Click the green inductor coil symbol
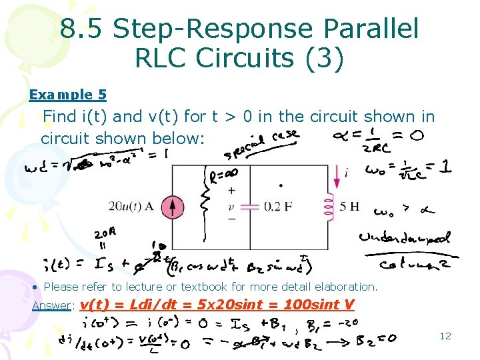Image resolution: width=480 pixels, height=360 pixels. pos(329,207)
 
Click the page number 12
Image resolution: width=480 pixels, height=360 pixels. pos(445,335)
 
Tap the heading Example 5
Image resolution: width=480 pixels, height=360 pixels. pos(67,95)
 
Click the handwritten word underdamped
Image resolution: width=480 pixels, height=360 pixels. pos(404,237)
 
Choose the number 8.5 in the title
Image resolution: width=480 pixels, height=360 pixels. pos(82,29)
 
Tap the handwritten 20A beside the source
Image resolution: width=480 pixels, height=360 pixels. pos(105,235)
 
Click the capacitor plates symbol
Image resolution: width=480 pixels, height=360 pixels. pos(249,207)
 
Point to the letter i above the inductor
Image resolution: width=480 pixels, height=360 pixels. pos(347,172)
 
